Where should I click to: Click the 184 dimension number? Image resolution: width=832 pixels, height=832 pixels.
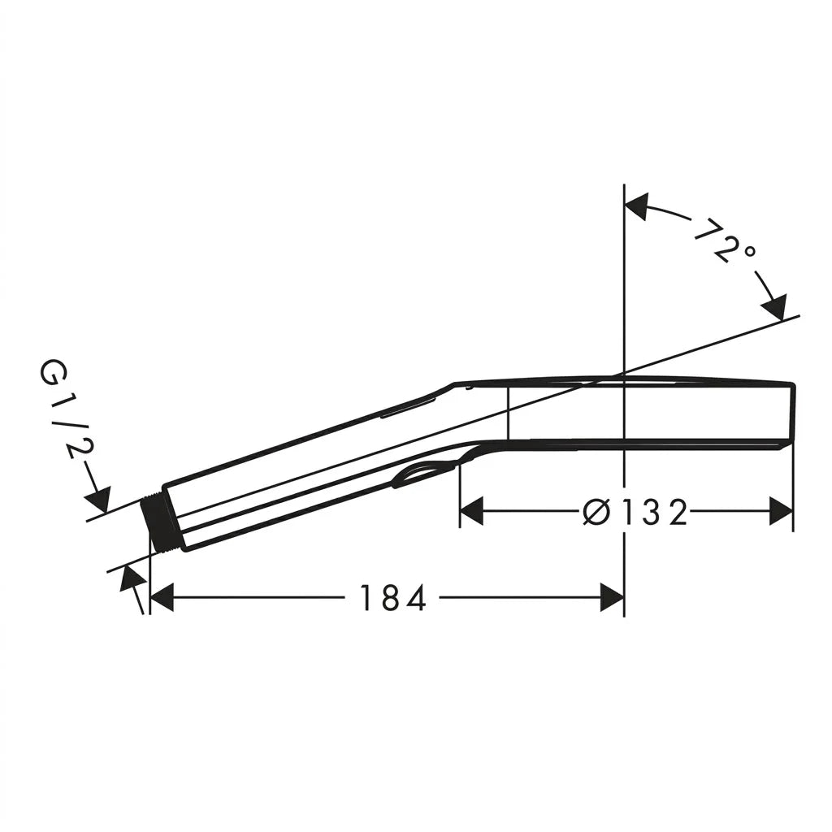point(393,598)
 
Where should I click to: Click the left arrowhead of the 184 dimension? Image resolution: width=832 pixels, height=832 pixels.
point(162,598)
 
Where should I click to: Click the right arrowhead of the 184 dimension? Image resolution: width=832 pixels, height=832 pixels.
point(612,598)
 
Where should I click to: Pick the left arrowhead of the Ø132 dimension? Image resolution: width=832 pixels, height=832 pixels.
point(472,512)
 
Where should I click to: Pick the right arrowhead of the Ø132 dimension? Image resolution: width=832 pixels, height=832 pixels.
point(781,512)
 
